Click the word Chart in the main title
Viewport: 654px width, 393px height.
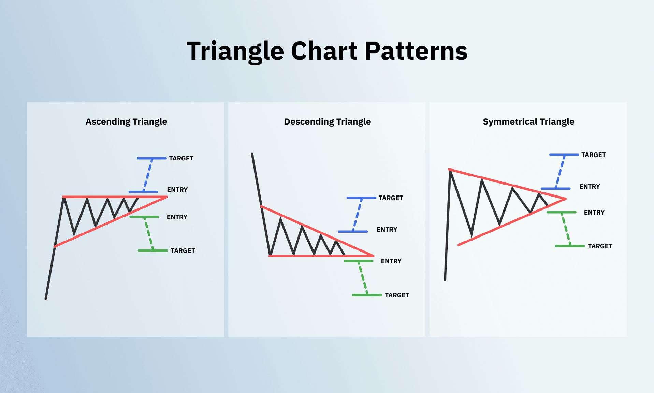pos(324,51)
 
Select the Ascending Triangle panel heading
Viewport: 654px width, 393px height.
pos(126,122)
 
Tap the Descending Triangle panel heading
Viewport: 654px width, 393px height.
pos(328,122)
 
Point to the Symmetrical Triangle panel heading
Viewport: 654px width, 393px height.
pos(528,122)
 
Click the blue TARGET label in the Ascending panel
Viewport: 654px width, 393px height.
pos(181,158)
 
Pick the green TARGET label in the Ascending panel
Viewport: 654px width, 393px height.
pos(183,251)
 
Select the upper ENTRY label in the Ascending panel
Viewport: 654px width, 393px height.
pos(177,190)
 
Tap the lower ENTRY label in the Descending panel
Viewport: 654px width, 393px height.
pos(391,261)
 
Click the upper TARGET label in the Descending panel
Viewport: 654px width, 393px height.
pos(391,198)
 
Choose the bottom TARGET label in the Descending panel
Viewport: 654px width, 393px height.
pos(397,295)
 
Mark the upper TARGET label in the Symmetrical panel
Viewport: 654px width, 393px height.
pos(594,155)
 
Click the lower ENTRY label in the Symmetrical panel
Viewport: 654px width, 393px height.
pos(594,213)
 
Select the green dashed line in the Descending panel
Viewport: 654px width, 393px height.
pos(363,278)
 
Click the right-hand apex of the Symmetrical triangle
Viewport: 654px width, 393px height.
pos(566,199)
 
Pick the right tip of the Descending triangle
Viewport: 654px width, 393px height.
pos(373,256)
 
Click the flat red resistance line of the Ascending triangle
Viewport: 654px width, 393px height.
pos(115,197)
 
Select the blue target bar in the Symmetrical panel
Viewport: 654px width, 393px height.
pos(564,155)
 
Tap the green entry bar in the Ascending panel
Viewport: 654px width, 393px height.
pos(144,217)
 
